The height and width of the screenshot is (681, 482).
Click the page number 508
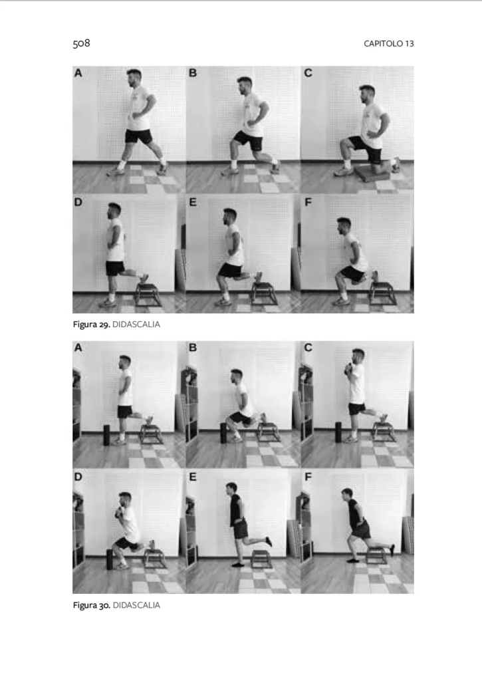coord(81,43)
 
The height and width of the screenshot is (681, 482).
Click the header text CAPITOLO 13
coord(389,43)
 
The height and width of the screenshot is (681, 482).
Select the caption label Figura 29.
coord(91,325)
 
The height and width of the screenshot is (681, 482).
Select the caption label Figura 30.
coord(92,605)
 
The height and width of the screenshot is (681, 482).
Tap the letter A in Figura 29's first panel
coord(78,73)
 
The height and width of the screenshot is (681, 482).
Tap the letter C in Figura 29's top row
coord(308,73)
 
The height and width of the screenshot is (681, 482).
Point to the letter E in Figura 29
coord(193,202)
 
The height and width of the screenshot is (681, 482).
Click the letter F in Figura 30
coord(308,477)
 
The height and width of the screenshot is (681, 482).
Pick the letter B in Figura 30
coord(193,347)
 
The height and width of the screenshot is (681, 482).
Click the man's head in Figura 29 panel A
coord(134,77)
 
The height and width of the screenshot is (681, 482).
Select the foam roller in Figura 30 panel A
coord(107,435)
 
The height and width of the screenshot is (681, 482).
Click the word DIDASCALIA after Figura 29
coord(136,325)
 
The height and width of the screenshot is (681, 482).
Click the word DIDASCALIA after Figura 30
coord(136,605)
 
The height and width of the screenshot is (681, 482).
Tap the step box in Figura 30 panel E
coord(261,559)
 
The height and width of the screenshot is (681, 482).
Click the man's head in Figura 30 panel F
coord(347,494)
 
